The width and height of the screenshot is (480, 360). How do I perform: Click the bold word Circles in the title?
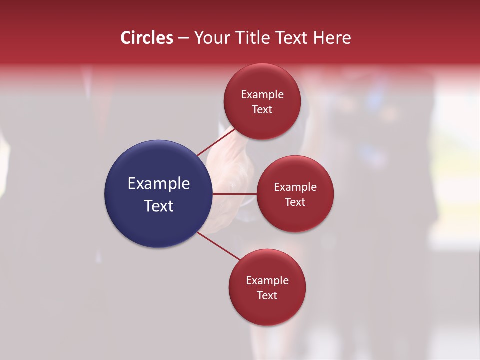[x=146, y=38]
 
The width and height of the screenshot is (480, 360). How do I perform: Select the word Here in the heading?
[x=332, y=38]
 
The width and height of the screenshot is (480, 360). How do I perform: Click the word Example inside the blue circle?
[x=159, y=184]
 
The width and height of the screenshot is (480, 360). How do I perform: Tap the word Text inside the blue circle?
[x=159, y=206]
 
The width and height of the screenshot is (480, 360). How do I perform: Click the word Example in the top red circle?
[x=262, y=95]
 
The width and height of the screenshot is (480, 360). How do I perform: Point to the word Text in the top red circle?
[x=262, y=110]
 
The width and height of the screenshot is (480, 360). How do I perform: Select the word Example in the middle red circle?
[x=295, y=187]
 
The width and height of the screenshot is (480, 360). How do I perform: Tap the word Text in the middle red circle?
[x=295, y=202]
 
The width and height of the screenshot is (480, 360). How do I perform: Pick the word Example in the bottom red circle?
[x=267, y=281]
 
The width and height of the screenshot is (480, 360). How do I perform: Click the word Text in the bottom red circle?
[x=267, y=296]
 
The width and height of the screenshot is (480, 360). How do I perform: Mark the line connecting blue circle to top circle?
[x=215, y=141]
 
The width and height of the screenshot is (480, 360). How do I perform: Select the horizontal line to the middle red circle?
[x=235, y=194]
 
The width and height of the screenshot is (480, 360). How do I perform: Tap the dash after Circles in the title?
[x=183, y=38]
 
